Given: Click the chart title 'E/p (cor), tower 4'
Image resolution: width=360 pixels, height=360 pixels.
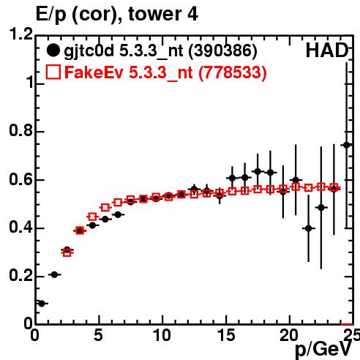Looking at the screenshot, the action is (x=116, y=15).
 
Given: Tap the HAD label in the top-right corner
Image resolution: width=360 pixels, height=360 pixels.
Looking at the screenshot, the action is (x=327, y=50).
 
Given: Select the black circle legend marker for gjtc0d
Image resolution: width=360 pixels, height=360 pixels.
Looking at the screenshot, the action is (x=53, y=50).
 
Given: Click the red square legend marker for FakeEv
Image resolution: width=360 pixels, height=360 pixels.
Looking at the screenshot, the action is (x=53, y=72).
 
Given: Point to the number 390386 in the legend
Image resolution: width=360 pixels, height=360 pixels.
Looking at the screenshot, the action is (x=223, y=51).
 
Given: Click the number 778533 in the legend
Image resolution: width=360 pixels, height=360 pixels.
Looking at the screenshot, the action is (x=233, y=72).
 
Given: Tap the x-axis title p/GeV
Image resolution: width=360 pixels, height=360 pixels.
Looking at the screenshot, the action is (x=323, y=350).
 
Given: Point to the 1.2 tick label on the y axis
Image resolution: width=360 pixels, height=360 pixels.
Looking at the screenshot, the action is (x=21, y=34).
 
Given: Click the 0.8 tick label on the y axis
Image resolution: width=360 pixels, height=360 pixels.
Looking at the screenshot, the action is (x=21, y=130).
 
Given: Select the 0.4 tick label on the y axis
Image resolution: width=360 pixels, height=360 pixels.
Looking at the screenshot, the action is (x=21, y=228).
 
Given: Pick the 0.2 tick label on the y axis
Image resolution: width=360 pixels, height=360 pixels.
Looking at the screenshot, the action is (x=21, y=275).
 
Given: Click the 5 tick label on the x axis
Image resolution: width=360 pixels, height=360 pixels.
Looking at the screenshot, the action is (x=98, y=335).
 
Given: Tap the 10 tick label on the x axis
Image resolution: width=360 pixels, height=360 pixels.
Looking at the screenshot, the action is (x=162, y=335).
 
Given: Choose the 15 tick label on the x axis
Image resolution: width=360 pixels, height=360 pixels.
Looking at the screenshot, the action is (x=226, y=335).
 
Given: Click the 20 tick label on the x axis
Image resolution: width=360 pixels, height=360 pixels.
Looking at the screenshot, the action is (x=289, y=335).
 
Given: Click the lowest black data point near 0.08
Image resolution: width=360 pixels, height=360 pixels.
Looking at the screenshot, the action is (x=42, y=304).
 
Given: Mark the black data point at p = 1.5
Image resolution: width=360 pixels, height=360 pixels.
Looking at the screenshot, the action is (x=54, y=274).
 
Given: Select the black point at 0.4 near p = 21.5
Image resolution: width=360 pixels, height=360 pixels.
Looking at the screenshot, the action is (x=309, y=228).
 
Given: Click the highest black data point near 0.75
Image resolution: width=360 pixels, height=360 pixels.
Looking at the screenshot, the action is (x=347, y=145).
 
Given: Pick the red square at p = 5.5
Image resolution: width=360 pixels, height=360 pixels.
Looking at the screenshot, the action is (x=105, y=208).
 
